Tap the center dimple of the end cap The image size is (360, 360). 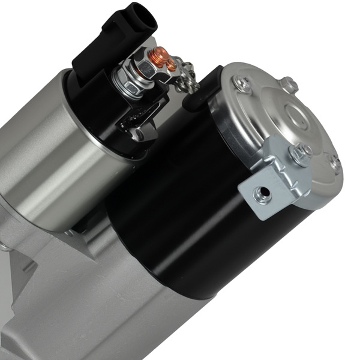click(294, 114)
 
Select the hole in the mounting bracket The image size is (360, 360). click(262, 193)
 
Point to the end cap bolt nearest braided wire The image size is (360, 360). click(244, 84)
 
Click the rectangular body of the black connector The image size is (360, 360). click(102, 48)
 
